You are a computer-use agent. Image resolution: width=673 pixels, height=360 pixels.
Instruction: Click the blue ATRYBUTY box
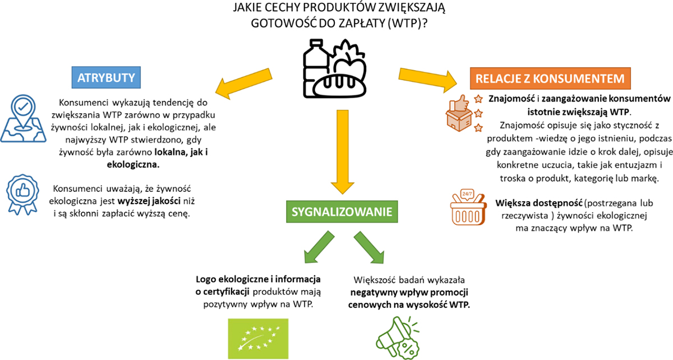pos(107,77)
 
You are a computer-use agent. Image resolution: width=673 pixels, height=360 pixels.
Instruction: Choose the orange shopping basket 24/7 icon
pos(466,208)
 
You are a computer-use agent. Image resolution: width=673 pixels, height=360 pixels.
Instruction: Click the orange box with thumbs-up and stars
pos(459,112)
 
